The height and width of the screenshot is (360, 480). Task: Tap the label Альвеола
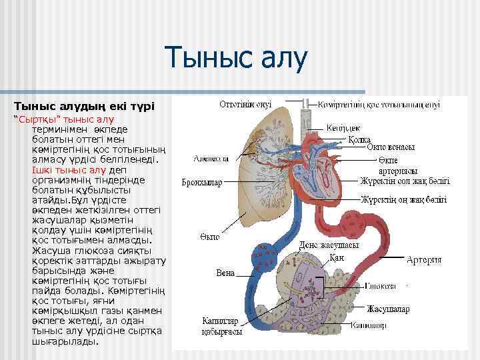(211, 159)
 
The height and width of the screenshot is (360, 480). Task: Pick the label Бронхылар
(201, 183)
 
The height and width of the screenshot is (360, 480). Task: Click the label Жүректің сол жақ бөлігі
(405, 180)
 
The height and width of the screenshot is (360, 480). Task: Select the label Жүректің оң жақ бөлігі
(404, 199)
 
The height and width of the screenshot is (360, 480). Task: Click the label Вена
(225, 273)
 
